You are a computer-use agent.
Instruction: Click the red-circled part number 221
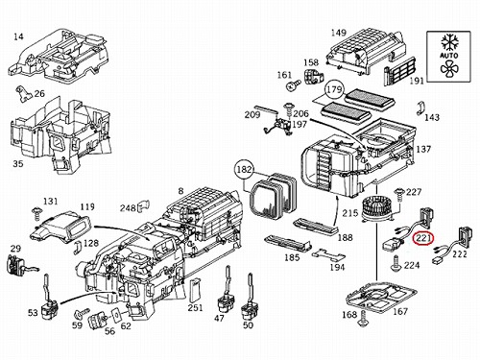pyautogui.click(x=422, y=238)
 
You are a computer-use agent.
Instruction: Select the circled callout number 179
pyautogui.click(x=334, y=89)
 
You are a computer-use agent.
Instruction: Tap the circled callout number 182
pyautogui.click(x=245, y=169)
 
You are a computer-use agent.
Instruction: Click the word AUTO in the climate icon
pyautogui.click(x=449, y=56)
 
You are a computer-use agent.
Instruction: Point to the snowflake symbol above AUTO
pyautogui.click(x=449, y=42)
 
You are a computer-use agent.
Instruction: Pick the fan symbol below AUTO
pyautogui.click(x=448, y=68)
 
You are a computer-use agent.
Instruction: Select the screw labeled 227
pyautogui.click(x=399, y=194)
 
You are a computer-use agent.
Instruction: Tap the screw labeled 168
pyautogui.click(x=362, y=319)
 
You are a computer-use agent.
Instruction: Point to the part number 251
pyautogui.click(x=195, y=307)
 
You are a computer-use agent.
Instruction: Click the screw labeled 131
pyautogui.click(x=36, y=213)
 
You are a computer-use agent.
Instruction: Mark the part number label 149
pyautogui.click(x=339, y=33)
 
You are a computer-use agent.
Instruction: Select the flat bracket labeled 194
pyautogui.click(x=329, y=254)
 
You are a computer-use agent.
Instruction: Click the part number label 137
pyautogui.click(x=423, y=149)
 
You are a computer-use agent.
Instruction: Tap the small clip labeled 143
pyautogui.click(x=421, y=108)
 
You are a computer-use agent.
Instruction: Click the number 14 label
pyautogui.click(x=18, y=36)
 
